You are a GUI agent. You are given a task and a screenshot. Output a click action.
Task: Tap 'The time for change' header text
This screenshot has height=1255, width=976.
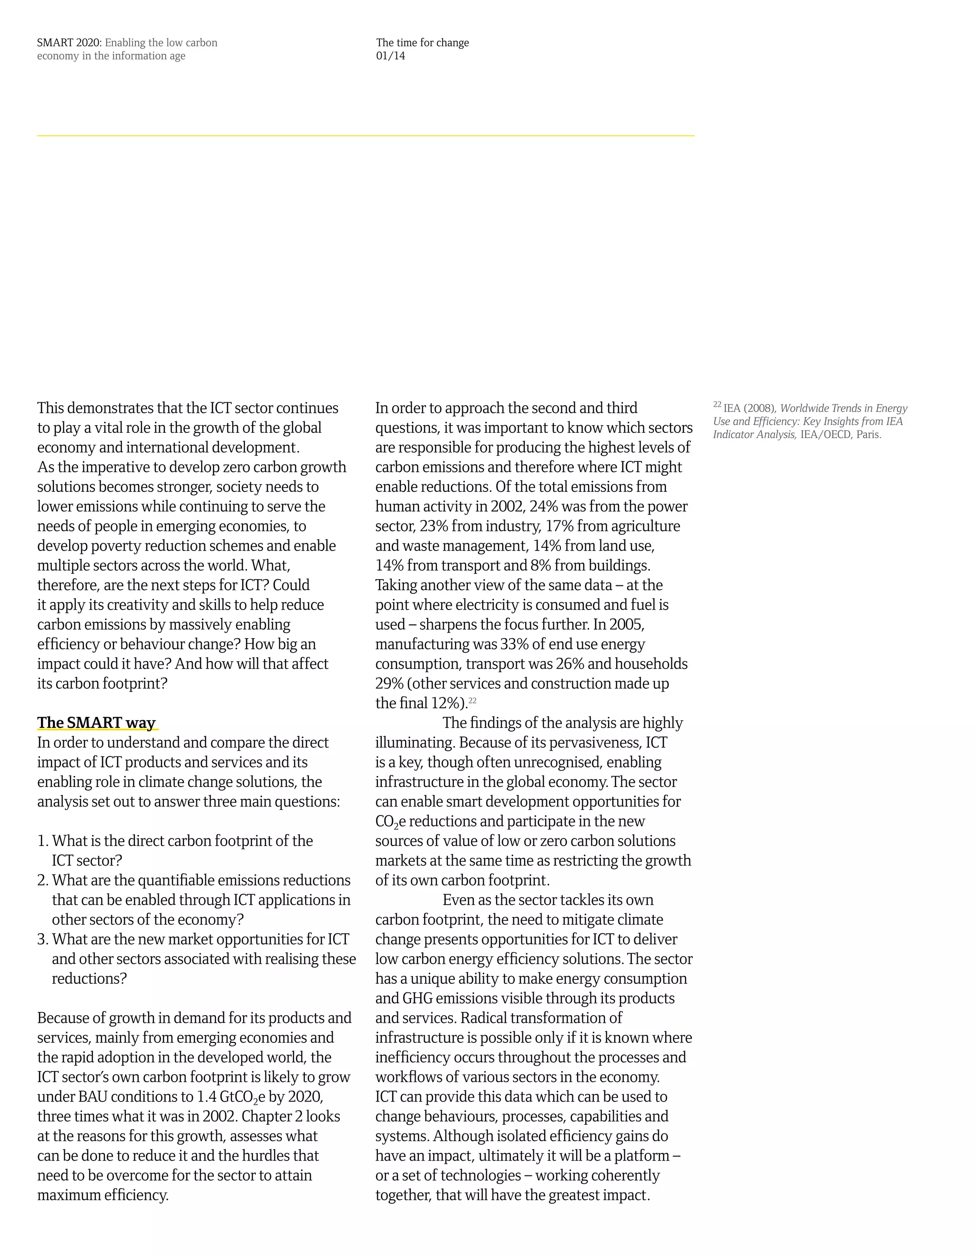point(422,42)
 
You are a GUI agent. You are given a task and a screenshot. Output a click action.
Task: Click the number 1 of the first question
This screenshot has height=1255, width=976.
point(41,841)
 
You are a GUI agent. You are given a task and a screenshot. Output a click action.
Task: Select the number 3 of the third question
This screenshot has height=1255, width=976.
point(41,939)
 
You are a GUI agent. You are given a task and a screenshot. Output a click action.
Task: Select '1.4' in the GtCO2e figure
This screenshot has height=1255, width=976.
point(206,1096)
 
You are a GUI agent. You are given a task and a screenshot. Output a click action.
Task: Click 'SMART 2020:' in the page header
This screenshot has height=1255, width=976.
point(70,42)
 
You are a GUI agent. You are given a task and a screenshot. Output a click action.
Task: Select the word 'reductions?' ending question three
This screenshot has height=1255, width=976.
point(89,978)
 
